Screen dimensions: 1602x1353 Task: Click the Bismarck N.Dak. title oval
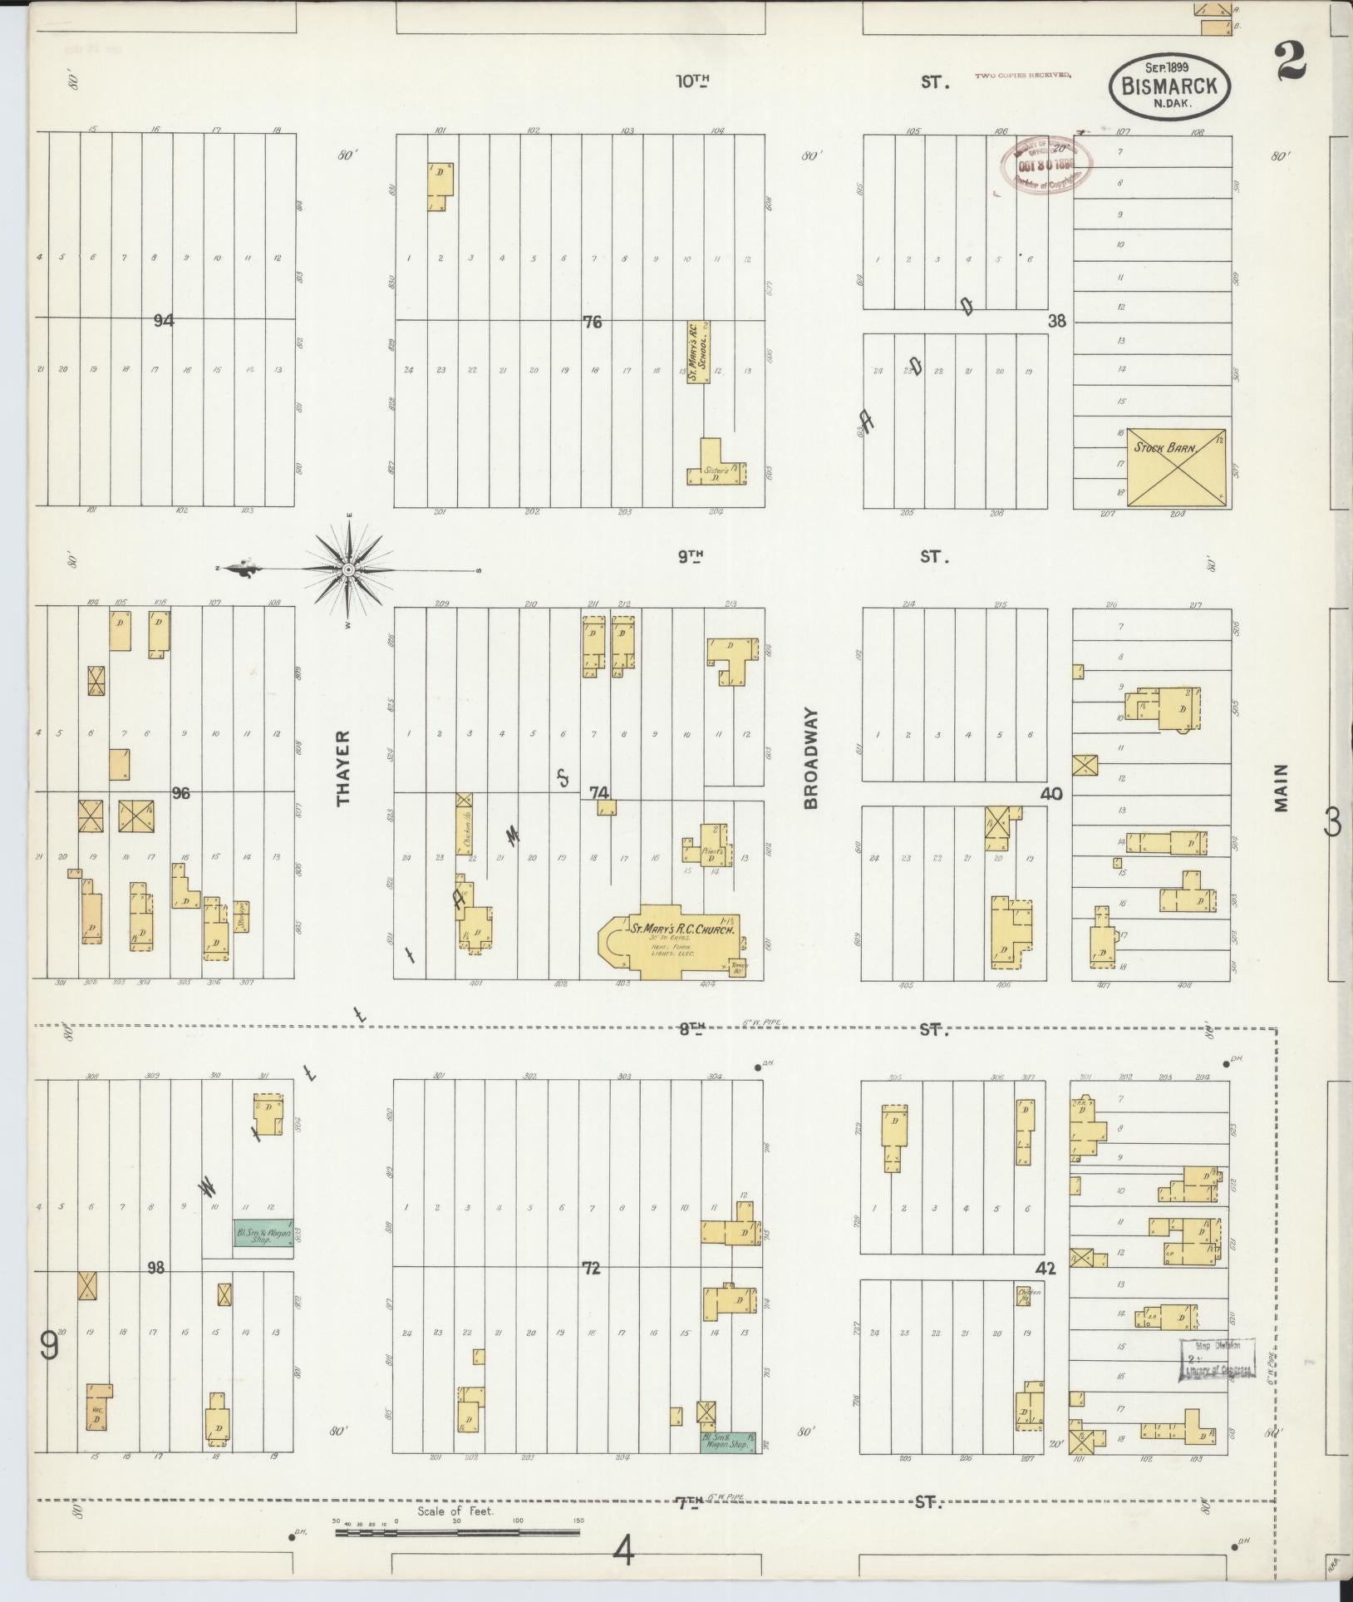tap(1169, 83)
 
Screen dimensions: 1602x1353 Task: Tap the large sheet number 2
tap(1293, 62)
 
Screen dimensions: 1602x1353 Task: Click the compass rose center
tap(349, 569)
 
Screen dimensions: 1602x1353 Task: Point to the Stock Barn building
tap(1175, 466)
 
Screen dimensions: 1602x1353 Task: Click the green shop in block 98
tap(263, 1238)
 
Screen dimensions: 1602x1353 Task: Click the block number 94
tap(164, 320)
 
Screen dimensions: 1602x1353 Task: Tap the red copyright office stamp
tap(1045, 165)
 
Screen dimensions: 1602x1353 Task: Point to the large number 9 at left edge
tap(50, 1345)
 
